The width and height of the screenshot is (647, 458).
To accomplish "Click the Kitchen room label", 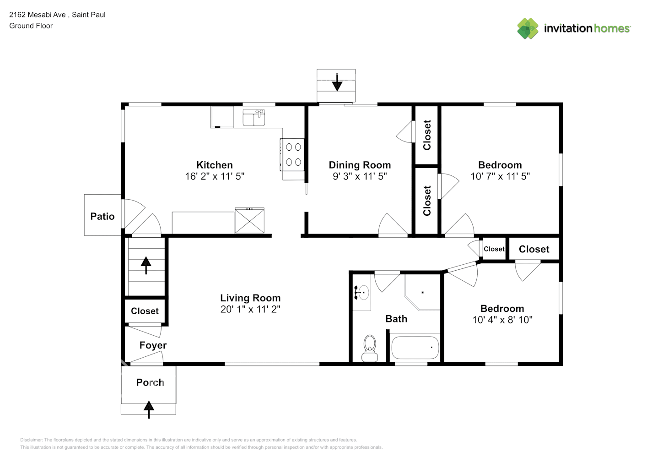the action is point(214,165).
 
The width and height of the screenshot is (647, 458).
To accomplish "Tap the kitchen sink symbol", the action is point(253,117).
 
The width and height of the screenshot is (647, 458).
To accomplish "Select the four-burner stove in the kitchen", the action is point(292,155).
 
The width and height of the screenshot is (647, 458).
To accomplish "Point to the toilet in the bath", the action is point(370,348).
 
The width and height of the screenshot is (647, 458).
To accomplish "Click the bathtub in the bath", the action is point(415,348).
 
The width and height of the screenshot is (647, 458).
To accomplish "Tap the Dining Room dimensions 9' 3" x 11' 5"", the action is point(360,176).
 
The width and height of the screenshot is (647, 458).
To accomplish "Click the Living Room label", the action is point(250,298).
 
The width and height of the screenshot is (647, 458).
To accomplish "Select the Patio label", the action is point(102,216).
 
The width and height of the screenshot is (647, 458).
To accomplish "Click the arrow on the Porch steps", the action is point(149,409).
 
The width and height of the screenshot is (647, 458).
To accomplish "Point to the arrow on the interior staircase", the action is point(146,265).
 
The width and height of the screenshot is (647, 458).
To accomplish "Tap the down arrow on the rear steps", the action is point(337,82).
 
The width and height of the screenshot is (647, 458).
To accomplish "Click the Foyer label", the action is point(153,345).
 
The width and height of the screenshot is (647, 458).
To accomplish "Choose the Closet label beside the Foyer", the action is point(145,311).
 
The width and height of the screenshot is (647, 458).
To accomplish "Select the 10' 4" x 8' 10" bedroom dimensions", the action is point(502,320).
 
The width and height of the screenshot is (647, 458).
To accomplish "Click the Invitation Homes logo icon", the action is point(528,28).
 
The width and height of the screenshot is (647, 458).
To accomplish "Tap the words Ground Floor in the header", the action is point(31,26).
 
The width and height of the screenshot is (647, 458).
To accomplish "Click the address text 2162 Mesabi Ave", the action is point(37,15).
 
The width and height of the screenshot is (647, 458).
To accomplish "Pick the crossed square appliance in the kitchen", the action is point(249,221).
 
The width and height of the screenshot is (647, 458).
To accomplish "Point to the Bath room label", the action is point(396,319).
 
